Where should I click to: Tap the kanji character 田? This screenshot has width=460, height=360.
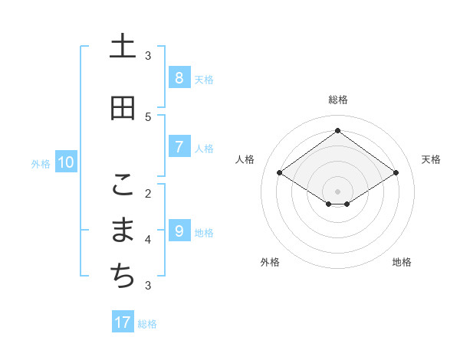(x=123, y=108)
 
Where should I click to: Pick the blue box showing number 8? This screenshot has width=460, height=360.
(x=179, y=78)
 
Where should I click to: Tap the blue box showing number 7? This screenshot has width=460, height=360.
(x=179, y=147)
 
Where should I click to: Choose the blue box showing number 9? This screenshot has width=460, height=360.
(x=179, y=231)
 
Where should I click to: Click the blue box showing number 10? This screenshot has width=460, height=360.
(x=65, y=162)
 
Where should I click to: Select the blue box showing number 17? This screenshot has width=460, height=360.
(x=123, y=322)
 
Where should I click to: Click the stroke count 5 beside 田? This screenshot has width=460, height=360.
(x=148, y=116)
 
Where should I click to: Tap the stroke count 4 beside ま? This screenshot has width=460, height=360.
(x=148, y=240)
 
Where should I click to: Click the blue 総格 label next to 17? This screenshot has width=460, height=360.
(x=147, y=324)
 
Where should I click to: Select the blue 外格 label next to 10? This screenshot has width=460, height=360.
(x=41, y=163)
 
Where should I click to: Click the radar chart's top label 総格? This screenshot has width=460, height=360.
(x=337, y=100)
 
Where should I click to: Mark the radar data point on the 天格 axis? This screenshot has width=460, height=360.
(x=396, y=173)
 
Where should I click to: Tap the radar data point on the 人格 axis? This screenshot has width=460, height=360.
(x=280, y=173)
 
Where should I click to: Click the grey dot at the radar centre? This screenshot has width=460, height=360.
(x=337, y=191)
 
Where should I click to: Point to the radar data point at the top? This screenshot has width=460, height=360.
(x=337, y=130)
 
